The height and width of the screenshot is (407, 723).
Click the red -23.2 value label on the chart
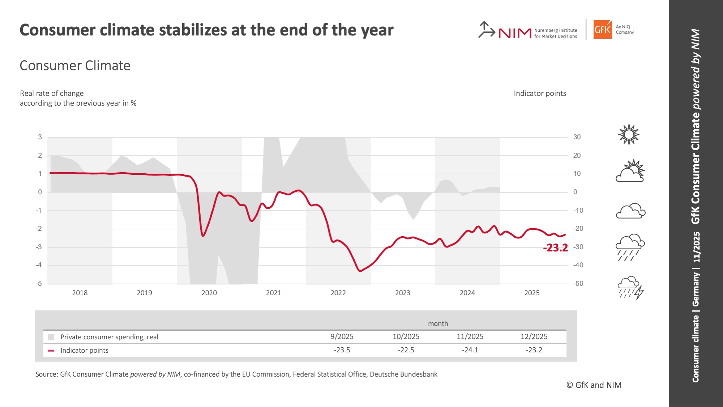555,248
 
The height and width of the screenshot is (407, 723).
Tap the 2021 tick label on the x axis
274,293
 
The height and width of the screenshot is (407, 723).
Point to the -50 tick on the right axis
578,283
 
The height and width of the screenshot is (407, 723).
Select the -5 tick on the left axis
39,283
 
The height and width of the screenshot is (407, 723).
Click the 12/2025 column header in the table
534,336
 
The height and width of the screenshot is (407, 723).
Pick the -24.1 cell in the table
470,350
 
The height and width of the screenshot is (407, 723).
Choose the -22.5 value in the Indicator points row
406,350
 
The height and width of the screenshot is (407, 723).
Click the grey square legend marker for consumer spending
51,337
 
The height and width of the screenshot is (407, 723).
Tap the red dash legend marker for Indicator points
51,350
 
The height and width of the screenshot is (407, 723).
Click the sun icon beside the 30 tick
629,135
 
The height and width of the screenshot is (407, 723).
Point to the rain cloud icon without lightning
630,247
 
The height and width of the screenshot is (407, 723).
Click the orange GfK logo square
603,29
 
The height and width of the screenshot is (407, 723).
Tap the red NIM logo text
515,33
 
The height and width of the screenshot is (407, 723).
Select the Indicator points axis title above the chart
540,93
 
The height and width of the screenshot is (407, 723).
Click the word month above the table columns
438,323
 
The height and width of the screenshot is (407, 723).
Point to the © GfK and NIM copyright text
594,385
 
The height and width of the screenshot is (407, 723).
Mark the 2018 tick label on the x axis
80,293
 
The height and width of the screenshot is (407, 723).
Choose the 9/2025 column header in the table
342,336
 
